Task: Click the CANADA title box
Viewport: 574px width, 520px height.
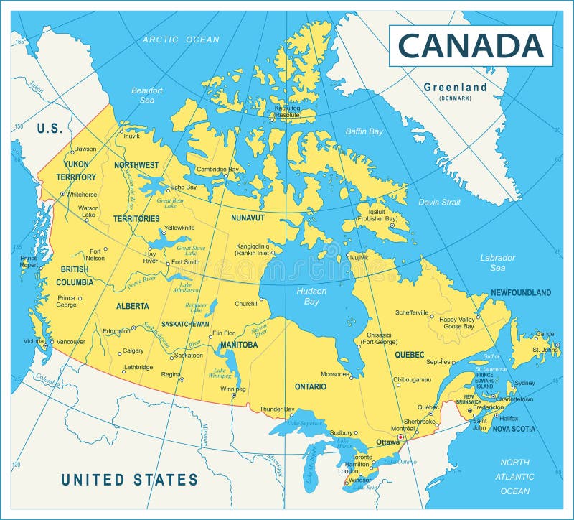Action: click(x=471, y=45)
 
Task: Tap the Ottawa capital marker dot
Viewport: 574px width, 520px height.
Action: click(x=400, y=437)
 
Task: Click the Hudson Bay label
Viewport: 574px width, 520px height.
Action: click(x=311, y=296)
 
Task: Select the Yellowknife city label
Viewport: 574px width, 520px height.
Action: click(x=179, y=228)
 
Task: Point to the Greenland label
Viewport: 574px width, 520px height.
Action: click(x=455, y=88)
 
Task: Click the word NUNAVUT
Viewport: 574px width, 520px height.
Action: click(x=248, y=217)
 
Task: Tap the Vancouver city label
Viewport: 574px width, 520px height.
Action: click(x=70, y=342)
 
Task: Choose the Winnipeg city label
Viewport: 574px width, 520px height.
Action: click(x=233, y=389)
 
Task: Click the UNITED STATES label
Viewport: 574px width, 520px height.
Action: click(x=129, y=480)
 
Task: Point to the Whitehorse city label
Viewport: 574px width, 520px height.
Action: click(x=82, y=194)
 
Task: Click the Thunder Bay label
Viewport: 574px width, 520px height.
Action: click(x=277, y=409)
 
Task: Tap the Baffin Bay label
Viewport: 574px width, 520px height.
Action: click(x=364, y=131)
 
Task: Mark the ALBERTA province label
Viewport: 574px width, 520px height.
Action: click(x=133, y=306)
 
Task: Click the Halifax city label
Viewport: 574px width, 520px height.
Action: click(x=509, y=418)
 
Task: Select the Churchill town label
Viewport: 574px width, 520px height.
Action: click(x=246, y=303)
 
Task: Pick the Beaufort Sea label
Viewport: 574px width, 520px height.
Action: click(x=147, y=95)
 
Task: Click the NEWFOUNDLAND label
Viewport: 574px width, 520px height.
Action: click(x=521, y=292)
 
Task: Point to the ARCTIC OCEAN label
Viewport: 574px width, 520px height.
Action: click(x=181, y=40)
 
